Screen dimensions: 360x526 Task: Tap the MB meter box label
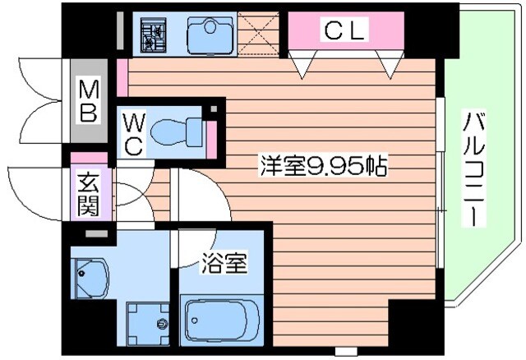tap(88, 100)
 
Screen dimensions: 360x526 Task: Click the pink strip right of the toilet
tap(211, 135)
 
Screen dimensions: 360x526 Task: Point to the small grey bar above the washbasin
tap(96, 234)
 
